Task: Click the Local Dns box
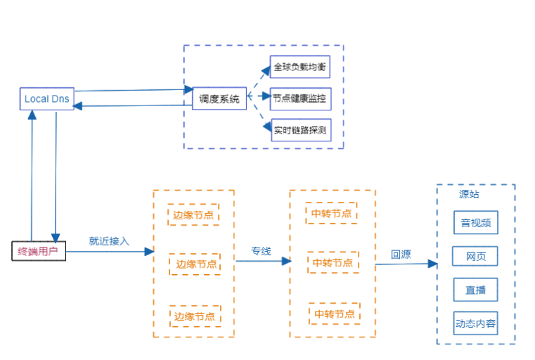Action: click(x=46, y=98)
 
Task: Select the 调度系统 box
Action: click(x=219, y=99)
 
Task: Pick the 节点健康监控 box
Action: click(x=300, y=99)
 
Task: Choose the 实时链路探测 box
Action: click(x=300, y=129)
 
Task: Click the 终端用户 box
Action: click(x=39, y=251)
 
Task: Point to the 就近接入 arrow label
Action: click(x=109, y=240)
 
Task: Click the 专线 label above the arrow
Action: click(x=261, y=250)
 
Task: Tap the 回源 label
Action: click(x=401, y=255)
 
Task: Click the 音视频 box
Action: click(x=476, y=223)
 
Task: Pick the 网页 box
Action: click(x=476, y=256)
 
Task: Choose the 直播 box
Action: click(x=476, y=289)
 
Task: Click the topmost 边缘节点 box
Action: click(x=193, y=214)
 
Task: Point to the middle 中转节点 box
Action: click(x=333, y=263)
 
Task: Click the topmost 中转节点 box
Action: click(x=331, y=213)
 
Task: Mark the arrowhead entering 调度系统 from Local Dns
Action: click(x=188, y=89)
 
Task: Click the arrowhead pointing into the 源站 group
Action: click(x=433, y=264)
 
